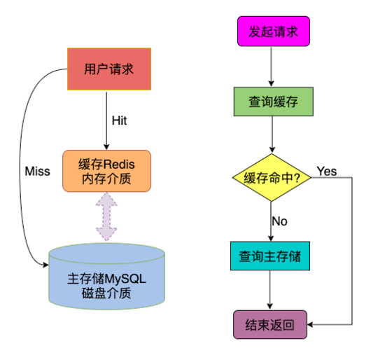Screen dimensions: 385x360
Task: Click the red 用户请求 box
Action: click(x=109, y=69)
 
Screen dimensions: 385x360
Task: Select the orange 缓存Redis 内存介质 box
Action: click(x=106, y=171)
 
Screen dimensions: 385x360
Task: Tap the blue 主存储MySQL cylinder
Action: click(x=106, y=277)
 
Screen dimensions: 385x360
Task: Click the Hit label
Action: click(x=119, y=120)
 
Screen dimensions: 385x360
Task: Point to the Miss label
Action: click(x=37, y=172)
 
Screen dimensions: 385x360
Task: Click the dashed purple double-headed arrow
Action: click(x=106, y=216)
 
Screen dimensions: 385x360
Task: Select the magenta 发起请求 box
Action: click(x=273, y=32)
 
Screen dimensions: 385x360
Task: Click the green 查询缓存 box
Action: click(x=273, y=102)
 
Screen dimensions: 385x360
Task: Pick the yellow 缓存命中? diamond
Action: click(x=272, y=177)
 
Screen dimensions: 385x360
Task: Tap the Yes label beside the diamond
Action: click(x=327, y=171)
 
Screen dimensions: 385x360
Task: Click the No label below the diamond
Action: click(x=279, y=221)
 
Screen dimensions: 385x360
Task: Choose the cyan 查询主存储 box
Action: click(x=270, y=256)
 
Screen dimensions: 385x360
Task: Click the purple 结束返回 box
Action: click(x=270, y=324)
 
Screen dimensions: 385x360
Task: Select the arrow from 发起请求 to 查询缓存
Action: click(x=272, y=67)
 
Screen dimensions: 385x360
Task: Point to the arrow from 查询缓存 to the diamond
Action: click(x=272, y=134)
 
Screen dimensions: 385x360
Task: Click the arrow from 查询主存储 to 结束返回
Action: click(x=269, y=290)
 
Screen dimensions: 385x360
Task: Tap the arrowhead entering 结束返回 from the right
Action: click(x=310, y=324)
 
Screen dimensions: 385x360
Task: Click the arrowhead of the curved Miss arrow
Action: click(x=46, y=265)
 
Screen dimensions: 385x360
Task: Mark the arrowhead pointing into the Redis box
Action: click(x=106, y=146)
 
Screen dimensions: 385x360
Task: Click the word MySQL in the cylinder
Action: click(x=125, y=279)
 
